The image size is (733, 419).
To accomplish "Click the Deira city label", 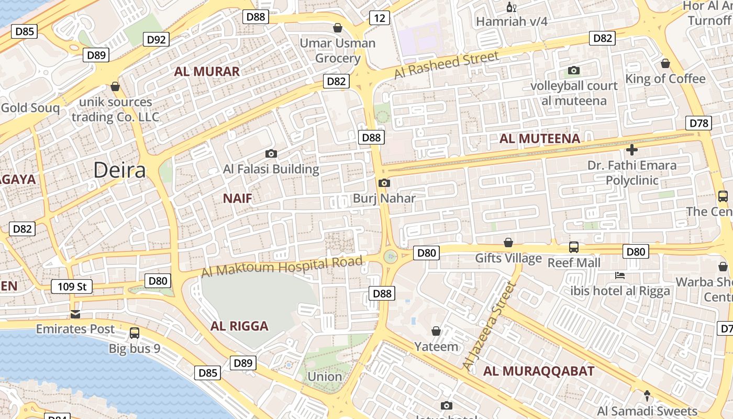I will point(119,170).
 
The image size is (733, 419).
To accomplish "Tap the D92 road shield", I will point(156,39).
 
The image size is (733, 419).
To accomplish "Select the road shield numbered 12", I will point(379,18).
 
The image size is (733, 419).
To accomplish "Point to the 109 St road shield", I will point(72,286).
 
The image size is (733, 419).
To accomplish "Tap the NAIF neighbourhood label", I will point(237,199).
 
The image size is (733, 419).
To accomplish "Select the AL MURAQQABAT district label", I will point(538,371).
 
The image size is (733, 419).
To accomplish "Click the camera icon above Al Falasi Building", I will point(271,153).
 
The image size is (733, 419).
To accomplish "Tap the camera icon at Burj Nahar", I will point(384,183).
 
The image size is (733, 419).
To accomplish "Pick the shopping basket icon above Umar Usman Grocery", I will point(338,27).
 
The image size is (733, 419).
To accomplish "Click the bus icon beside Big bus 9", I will point(135,333).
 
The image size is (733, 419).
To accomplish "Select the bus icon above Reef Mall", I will point(574,247).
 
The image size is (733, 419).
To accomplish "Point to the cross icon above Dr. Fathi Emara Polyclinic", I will point(631,150).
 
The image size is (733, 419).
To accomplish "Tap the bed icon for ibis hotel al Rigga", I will point(620,275).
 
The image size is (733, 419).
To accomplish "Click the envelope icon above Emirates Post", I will point(75,314).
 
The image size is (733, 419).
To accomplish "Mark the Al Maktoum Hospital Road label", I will point(282,267).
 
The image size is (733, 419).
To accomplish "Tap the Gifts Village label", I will point(508,258).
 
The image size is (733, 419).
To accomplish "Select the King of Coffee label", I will point(665,79).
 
